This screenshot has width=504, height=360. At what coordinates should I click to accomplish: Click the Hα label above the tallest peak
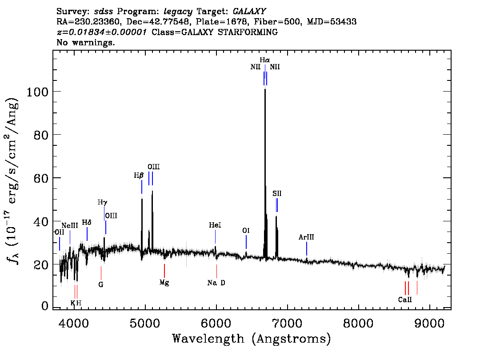click(x=265, y=60)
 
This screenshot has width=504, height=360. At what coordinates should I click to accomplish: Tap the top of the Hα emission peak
click(x=265, y=90)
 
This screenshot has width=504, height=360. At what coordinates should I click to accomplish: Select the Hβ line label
click(x=139, y=176)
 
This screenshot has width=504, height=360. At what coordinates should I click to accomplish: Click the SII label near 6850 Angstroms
click(x=277, y=194)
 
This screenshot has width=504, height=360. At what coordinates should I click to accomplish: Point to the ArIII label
click(x=306, y=237)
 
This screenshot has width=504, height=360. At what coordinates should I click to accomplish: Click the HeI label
click(x=215, y=225)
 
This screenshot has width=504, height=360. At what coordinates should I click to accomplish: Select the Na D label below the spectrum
click(x=216, y=283)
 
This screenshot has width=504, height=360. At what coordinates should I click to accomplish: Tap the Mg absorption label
click(x=164, y=282)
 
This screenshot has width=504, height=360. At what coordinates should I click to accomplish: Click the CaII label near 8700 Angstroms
click(x=405, y=300)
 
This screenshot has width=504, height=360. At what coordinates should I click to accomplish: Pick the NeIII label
click(x=70, y=225)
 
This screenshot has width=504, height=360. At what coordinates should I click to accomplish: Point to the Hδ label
click(x=87, y=223)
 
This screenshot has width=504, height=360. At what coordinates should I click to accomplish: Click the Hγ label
click(x=103, y=202)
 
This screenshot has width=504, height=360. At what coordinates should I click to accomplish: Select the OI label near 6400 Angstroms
click(x=246, y=231)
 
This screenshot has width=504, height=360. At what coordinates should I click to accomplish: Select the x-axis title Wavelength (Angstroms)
click(x=252, y=339)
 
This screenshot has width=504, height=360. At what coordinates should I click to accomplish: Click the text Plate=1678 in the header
click(x=216, y=21)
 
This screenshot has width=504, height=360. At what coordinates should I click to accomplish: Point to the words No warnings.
click(x=86, y=43)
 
